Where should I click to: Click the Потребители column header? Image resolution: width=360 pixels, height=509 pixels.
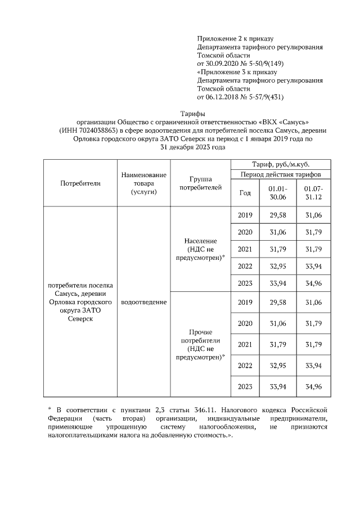(79, 183)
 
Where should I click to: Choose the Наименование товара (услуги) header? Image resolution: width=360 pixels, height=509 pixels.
(144, 183)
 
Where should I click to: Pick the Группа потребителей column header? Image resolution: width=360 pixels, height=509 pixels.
(200, 183)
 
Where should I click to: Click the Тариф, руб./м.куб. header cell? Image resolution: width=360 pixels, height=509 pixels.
(280, 164)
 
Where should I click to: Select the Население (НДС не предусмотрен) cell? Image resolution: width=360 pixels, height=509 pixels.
(200, 249)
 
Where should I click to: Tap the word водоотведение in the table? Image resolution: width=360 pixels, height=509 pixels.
(144, 302)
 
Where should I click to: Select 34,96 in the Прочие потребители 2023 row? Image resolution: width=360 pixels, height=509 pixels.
(313, 387)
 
